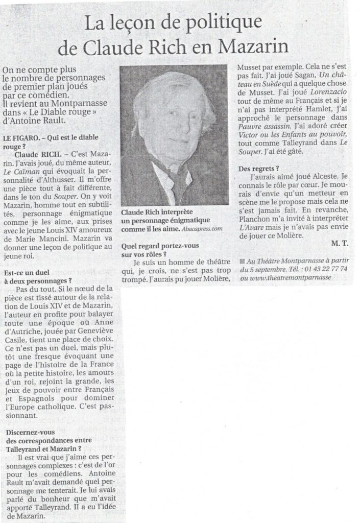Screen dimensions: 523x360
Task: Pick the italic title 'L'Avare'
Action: (x=252, y=227)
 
